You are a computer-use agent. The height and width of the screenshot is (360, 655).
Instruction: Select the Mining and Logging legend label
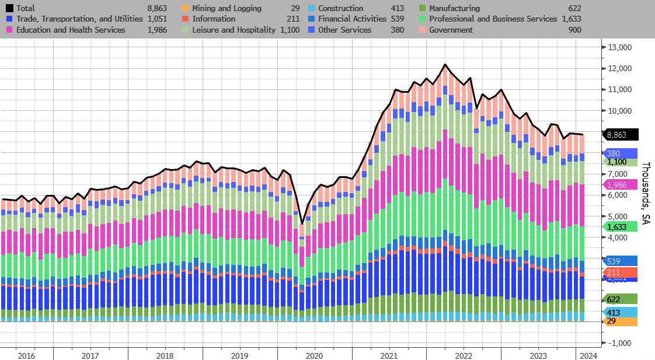227,8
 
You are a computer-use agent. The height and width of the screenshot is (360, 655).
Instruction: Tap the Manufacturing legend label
454,8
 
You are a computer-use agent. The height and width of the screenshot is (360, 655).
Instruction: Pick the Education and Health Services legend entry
71,29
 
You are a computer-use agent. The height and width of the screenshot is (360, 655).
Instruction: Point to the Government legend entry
451,29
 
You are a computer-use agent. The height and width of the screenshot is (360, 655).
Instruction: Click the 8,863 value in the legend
157,8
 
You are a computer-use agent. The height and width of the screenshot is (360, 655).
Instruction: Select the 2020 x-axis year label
314,355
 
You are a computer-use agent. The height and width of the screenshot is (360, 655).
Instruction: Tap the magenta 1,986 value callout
618,184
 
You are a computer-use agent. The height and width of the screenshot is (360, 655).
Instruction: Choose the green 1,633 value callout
618,227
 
